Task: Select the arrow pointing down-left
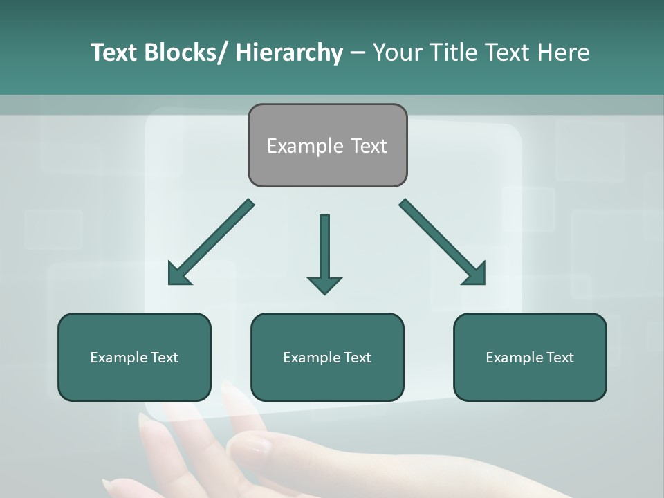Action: [211, 242]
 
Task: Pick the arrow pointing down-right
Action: [441, 242]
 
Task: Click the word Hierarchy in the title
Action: [289, 53]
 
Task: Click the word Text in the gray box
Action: [368, 146]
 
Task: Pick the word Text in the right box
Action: [560, 358]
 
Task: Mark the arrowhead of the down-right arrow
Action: [474, 274]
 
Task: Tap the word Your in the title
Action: [396, 53]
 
